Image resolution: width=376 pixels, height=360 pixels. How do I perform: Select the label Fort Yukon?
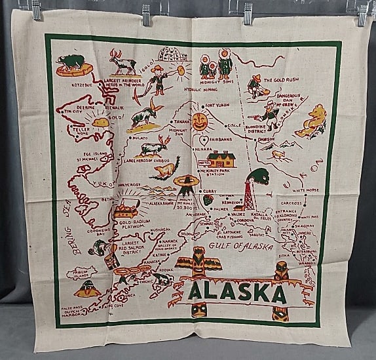(x=218, y=106)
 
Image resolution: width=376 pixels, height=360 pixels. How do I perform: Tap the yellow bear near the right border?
(x=312, y=121)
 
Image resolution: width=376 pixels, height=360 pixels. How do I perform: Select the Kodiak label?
(x=166, y=268)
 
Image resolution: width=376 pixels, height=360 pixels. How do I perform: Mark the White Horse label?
(x=306, y=190)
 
